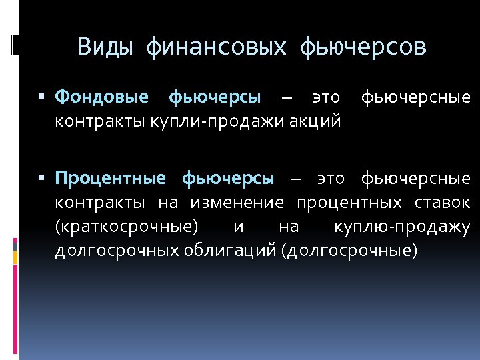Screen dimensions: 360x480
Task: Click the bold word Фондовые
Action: coord(102,98)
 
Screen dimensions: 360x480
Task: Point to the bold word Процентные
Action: coord(110,178)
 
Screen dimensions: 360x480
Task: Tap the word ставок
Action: coord(441,202)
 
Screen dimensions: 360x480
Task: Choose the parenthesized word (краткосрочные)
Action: coord(127,226)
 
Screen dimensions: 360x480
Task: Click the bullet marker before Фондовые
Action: coord(42,98)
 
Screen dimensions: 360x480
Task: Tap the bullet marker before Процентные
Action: coord(42,178)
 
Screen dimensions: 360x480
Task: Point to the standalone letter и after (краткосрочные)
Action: coord(239,226)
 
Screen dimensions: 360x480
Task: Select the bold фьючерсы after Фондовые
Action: coord(215,98)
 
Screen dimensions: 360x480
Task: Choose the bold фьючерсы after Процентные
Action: coord(227,178)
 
